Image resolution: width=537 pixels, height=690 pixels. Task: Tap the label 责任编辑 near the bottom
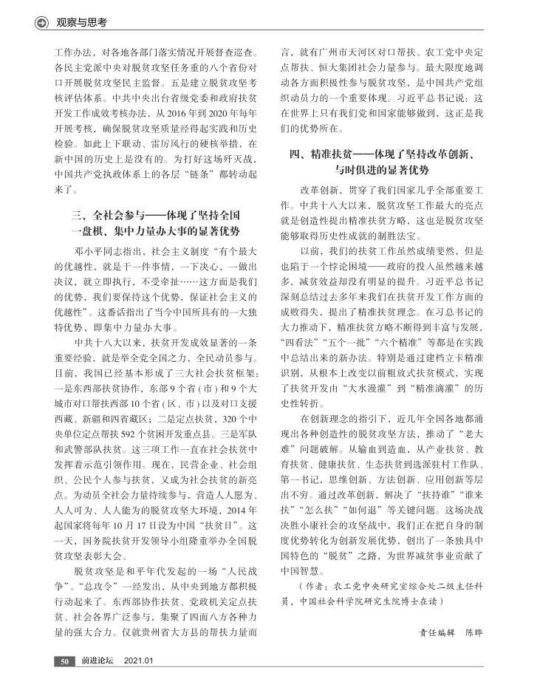tap(434, 633)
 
